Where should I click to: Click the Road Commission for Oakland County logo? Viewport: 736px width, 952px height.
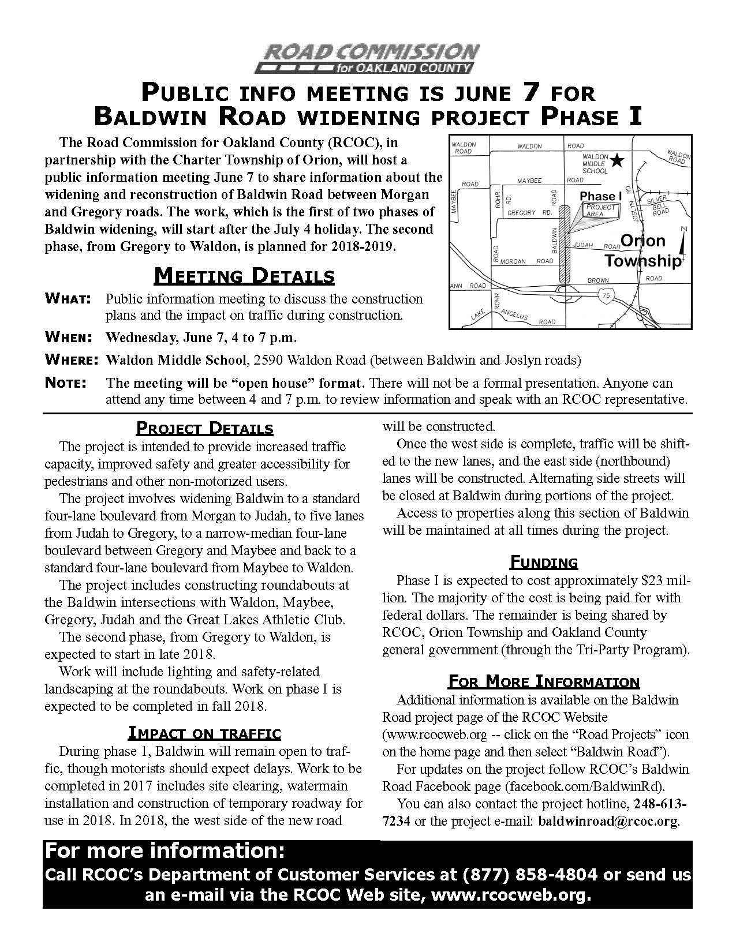[367, 58]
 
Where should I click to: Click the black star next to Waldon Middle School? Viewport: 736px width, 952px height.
[618, 160]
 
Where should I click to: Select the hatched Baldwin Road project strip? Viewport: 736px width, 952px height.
[563, 245]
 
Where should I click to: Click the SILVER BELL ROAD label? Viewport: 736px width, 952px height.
[659, 204]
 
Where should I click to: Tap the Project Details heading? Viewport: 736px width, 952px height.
[204, 429]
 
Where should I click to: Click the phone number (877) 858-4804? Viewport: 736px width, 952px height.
[529, 874]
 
